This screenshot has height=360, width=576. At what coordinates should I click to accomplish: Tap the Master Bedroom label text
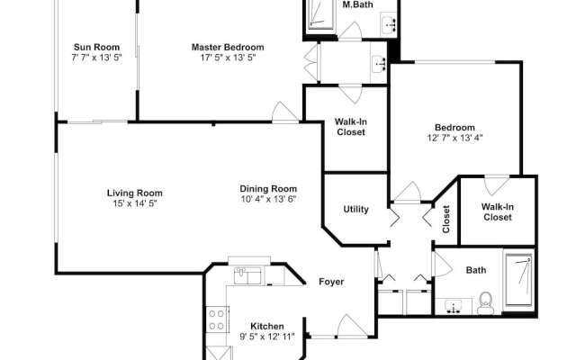228,47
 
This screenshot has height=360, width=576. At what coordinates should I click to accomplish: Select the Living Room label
135,192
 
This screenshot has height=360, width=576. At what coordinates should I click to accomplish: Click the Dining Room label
268,188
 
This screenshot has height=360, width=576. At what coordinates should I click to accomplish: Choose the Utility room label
356,210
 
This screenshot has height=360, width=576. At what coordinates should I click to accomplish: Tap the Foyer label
332,282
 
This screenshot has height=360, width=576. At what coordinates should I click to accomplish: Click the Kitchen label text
267,326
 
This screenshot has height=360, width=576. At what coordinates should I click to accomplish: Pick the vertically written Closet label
446,220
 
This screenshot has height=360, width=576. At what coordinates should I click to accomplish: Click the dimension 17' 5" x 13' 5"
228,58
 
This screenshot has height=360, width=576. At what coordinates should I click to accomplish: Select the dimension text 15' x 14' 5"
135,202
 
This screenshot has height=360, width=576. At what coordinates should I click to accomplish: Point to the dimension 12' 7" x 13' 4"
454,139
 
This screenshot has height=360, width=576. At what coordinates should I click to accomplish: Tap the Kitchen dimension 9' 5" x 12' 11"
267,337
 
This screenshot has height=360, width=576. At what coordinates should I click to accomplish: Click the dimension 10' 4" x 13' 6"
268,199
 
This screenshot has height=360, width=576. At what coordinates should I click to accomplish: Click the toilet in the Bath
486,301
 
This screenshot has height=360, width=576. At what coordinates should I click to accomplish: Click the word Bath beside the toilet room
476,270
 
